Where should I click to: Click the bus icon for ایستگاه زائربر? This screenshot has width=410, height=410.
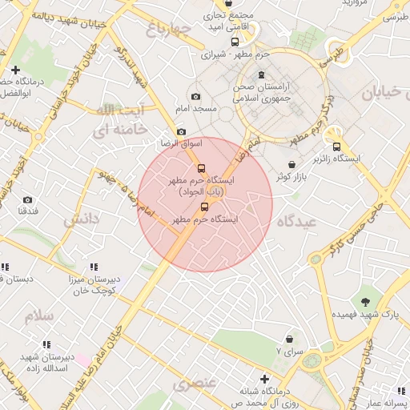[x=336, y=147]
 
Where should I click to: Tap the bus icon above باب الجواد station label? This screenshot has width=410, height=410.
[x=201, y=168]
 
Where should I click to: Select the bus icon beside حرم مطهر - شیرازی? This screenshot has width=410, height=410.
[x=235, y=42]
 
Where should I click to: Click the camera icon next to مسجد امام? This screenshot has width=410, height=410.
[x=196, y=97]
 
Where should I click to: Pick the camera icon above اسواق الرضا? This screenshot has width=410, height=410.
[x=182, y=132]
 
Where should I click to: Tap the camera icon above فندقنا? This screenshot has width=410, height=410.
[x=28, y=199]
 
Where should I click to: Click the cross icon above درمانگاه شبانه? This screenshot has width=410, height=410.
[x=264, y=378]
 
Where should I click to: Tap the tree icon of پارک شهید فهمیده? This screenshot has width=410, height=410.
[x=365, y=302]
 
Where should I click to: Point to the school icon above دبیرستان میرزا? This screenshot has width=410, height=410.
[x=94, y=267]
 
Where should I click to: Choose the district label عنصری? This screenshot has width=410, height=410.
[x=195, y=382]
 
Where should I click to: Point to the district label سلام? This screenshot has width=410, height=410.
[x=38, y=315]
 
